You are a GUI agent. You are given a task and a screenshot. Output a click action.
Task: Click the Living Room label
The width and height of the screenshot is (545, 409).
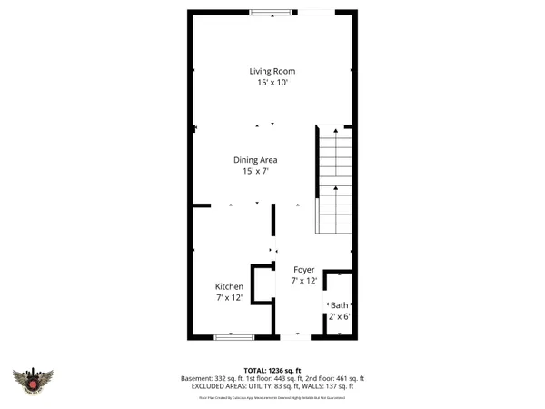tap(272, 71)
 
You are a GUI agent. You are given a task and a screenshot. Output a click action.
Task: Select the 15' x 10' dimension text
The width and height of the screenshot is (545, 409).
tap(272, 83)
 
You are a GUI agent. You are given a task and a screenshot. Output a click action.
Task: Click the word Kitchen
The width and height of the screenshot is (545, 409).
tap(229, 286)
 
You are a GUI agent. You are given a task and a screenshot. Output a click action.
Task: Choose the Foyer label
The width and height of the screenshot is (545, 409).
tap(303, 270)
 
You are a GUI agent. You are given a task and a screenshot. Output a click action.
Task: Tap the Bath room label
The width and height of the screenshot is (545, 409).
tap(339, 305)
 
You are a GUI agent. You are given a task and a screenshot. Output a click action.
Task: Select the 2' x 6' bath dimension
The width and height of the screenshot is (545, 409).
tap(339, 317)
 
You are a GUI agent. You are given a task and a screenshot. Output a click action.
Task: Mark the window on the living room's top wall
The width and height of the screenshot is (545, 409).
tap(265, 12)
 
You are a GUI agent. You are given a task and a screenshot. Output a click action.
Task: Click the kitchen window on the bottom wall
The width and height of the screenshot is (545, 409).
tap(233, 337)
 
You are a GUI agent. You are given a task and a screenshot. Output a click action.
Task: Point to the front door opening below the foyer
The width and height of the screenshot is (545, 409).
tap(297, 337)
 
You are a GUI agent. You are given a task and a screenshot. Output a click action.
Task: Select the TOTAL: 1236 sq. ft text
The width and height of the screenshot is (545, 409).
tap(272, 370)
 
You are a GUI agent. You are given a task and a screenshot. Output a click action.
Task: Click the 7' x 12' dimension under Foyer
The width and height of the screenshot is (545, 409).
tap(303, 282)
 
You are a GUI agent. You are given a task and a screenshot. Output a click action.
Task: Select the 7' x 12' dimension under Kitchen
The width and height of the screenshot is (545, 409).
tap(229, 298)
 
